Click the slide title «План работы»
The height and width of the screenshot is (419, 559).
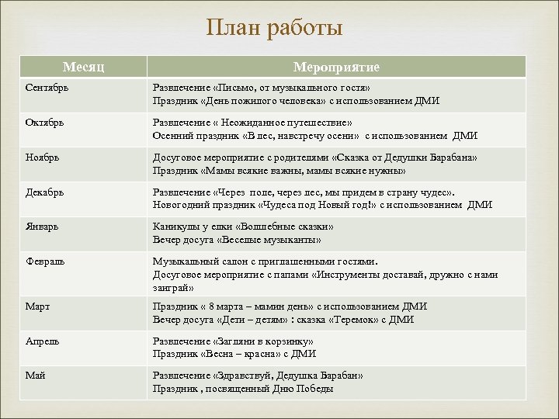[274, 29]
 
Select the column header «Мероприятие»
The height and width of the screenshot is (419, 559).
[335, 67]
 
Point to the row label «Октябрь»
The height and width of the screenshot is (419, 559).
[43, 123]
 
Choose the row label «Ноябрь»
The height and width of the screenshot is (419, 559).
[41, 158]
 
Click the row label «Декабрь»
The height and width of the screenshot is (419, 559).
[43, 192]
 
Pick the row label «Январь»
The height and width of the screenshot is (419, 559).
[41, 227]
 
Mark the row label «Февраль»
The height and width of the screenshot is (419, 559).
[44, 262]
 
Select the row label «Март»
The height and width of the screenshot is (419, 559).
[36, 307]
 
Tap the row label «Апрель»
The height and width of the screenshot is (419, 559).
[41, 342]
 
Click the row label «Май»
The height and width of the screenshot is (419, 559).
[34, 376]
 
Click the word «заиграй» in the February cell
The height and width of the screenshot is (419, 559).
[171, 287]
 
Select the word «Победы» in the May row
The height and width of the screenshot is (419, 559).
[317, 389]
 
